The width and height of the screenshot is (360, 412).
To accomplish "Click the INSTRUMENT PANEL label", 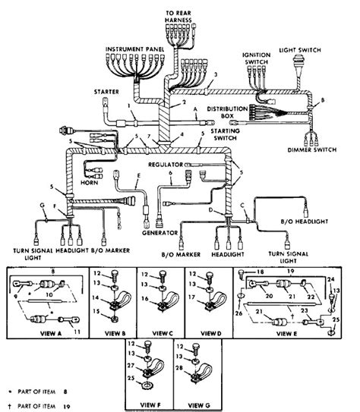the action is (x=134, y=49).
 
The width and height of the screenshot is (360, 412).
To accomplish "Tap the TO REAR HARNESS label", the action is (x=178, y=16).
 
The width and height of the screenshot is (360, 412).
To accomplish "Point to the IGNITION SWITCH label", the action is (x=256, y=58).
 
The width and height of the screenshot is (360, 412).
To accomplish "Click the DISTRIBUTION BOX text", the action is (x=227, y=112).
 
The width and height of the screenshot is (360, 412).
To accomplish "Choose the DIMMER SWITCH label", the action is (x=312, y=149).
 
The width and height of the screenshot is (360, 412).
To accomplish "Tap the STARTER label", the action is (x=106, y=92).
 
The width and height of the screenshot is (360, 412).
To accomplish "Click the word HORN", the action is (x=89, y=183).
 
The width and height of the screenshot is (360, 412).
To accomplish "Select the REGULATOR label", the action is (x=166, y=165).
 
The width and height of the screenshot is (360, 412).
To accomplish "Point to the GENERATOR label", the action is (x=160, y=233).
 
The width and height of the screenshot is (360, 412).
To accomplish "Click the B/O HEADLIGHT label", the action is (x=305, y=222).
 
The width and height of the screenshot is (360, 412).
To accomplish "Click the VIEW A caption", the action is (x=51, y=333).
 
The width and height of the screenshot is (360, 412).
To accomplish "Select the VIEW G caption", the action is (x=199, y=405).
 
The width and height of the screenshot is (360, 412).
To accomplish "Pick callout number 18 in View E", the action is (x=260, y=272).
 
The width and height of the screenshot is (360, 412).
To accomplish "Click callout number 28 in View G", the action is (x=179, y=367).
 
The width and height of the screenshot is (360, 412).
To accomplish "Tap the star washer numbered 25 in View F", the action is (x=147, y=385).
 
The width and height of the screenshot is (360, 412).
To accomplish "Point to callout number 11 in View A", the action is (x=77, y=332).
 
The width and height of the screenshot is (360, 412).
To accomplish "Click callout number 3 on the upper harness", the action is (x=216, y=74).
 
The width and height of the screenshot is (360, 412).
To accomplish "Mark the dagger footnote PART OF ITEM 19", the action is (x=39, y=406).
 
